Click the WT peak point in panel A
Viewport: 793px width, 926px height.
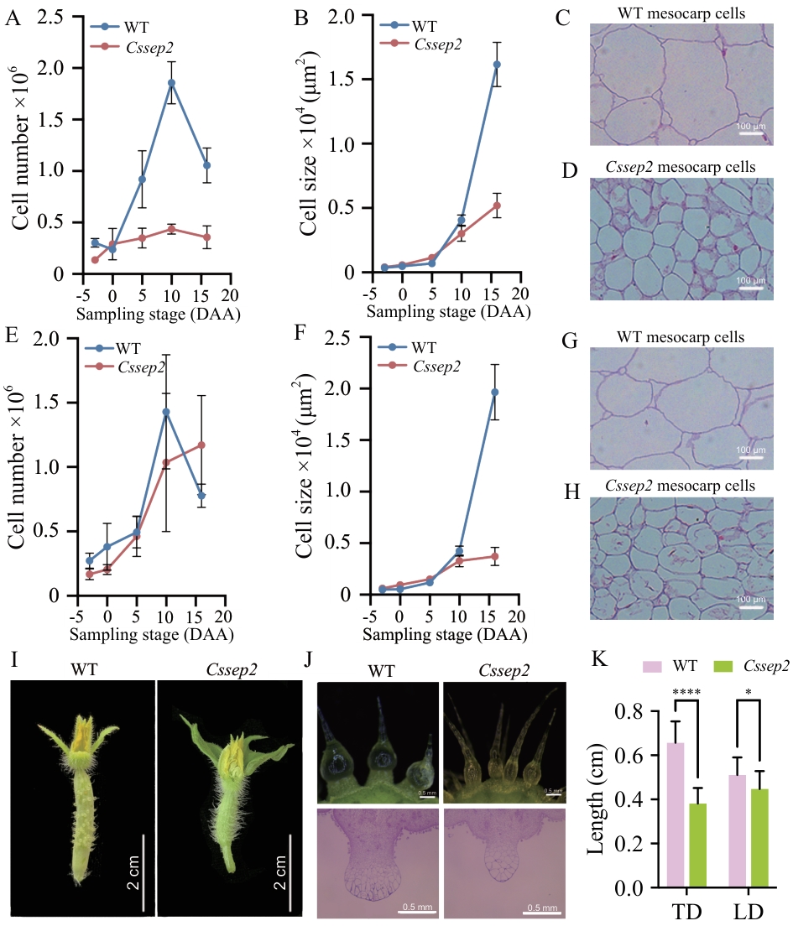pyautogui.click(x=171, y=82)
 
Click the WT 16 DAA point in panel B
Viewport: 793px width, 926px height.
pyautogui.click(x=497, y=65)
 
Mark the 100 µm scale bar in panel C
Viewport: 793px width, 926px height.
pyautogui.click(x=750, y=133)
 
